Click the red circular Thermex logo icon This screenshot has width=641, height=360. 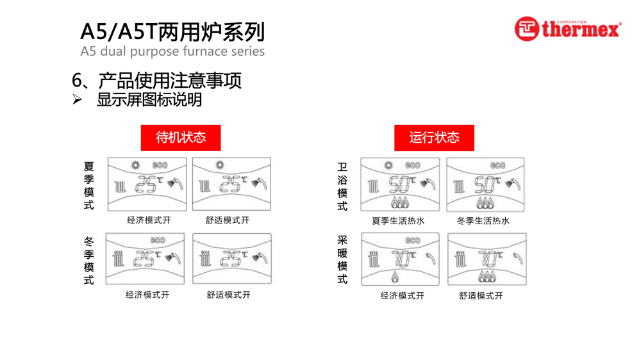pos(526,29)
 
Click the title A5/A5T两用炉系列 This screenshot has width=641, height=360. pos(172,31)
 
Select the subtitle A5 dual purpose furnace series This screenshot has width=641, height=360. pos(172,51)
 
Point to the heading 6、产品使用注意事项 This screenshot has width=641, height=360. pos(157,81)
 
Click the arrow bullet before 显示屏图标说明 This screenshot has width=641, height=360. pos(78,100)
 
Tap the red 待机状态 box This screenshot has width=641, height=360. pos(181,138)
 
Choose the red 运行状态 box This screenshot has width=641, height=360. pos(434,138)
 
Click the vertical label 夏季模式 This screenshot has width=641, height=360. pos(88,185)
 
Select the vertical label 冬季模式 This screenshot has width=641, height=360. pos(88,261)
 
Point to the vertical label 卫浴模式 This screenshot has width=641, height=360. pos(342,186)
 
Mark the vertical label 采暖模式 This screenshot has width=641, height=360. pos(342,259)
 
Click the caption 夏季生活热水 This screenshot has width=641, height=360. pos(398,221)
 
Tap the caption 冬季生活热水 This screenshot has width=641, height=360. pos(483,221)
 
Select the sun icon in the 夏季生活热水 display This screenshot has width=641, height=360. pos(388,165)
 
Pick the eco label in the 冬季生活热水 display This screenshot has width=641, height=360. pos(497,165)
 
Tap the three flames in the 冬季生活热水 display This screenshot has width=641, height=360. pos(485,203)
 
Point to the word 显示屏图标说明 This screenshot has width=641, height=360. pos(149,100)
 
